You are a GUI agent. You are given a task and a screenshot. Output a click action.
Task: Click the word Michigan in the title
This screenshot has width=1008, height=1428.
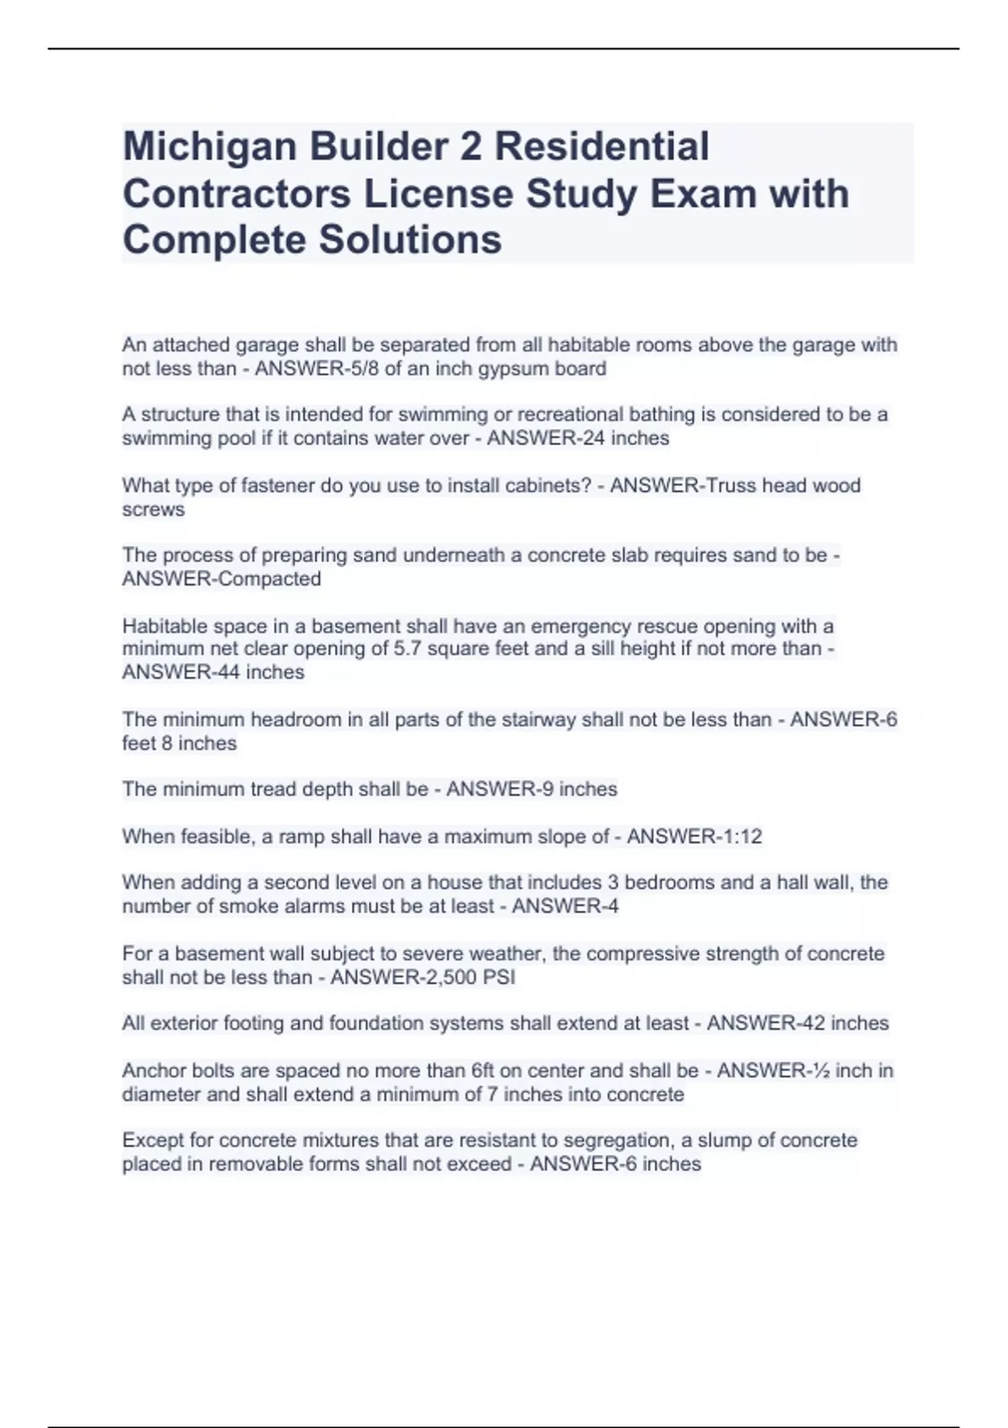[209, 147]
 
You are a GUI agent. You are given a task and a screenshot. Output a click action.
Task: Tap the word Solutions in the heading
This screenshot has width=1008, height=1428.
[410, 239]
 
